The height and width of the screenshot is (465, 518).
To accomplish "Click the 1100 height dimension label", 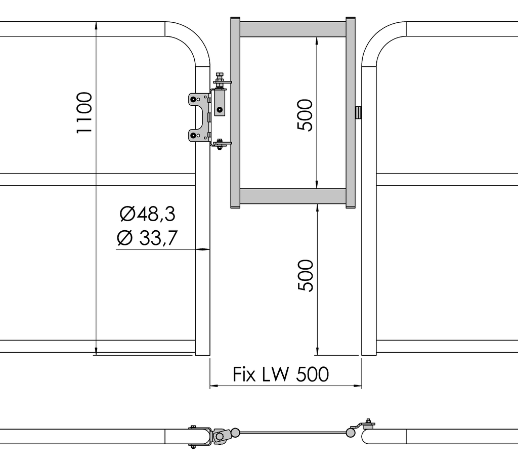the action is [84, 113].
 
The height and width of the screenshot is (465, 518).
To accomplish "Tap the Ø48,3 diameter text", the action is [147, 214].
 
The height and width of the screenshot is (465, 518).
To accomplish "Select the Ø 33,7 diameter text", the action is [147, 238].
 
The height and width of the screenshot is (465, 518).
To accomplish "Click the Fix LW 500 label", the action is [281, 374].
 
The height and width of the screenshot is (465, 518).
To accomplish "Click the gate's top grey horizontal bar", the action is [293, 29].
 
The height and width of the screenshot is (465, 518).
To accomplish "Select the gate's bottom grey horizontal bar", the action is [293, 196].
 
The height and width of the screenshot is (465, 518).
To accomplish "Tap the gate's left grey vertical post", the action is [235, 112].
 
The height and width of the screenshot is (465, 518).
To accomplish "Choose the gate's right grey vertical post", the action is [351, 112].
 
